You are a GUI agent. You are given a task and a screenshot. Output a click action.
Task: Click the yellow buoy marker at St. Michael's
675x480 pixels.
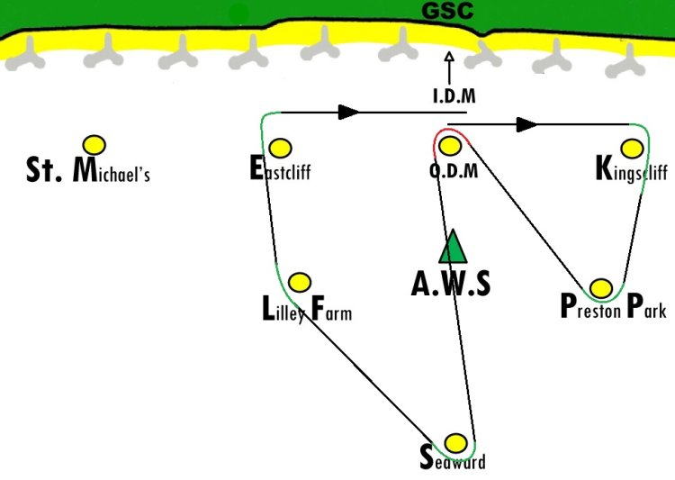94,145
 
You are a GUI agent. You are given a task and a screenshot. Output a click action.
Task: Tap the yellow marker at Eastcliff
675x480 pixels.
280,149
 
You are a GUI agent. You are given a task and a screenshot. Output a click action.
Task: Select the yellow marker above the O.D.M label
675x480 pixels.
450,146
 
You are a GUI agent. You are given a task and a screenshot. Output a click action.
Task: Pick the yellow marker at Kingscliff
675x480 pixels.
633,149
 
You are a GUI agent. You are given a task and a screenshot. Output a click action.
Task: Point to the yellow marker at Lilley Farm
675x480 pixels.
300,282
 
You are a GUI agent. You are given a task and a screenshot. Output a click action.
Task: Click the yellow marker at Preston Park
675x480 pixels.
601,288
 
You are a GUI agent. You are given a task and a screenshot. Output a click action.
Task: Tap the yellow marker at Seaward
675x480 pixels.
455,443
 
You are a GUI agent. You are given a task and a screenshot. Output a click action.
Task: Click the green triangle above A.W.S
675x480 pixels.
453,247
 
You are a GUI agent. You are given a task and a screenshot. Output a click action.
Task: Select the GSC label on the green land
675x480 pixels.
447,10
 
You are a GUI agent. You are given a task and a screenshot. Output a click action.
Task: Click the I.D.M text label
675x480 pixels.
454,95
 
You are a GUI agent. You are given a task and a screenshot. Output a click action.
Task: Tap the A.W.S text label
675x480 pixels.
451,284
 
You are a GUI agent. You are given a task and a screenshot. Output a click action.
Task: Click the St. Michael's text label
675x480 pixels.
88,170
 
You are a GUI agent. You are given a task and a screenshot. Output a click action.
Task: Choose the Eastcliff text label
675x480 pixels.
280,168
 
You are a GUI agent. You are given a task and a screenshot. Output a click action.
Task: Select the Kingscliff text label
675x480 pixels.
632,170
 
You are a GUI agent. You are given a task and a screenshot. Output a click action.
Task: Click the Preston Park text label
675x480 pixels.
614,306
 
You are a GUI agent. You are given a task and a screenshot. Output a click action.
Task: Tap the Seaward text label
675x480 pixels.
453,458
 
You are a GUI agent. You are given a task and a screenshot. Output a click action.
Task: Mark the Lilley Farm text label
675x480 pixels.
307,309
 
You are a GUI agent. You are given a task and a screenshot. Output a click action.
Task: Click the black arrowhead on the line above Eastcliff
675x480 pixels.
348,112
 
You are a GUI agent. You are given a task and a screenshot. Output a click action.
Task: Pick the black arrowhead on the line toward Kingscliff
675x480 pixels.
526,124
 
